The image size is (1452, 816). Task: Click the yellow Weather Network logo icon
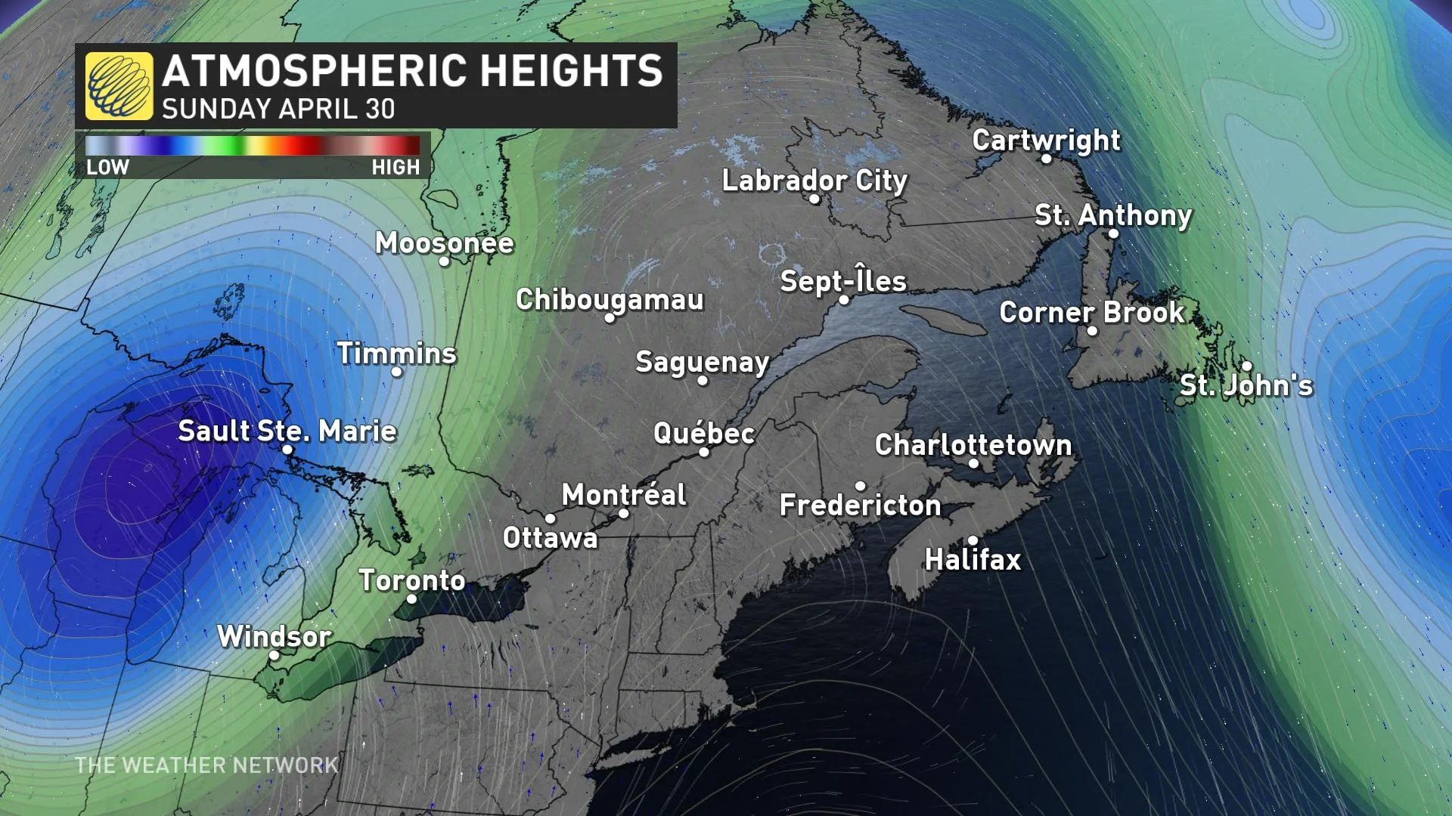[x=119, y=85]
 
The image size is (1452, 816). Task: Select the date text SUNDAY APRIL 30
[x=278, y=110]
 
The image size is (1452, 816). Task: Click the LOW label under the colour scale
[x=107, y=167]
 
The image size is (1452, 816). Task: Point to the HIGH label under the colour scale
[x=396, y=167]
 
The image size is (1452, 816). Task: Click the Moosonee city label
[x=444, y=243]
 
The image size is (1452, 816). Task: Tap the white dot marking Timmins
[x=396, y=372]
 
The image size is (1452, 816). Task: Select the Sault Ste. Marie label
[x=287, y=431]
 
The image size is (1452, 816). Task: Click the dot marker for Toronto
[x=411, y=599]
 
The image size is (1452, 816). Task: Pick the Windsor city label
[x=274, y=636]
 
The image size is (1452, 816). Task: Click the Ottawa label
[x=550, y=538]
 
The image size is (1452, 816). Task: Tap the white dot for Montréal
[x=624, y=514]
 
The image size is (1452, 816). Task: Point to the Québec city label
[x=704, y=433]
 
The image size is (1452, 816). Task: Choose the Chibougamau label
[x=610, y=299]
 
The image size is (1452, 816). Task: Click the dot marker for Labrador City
[x=814, y=199]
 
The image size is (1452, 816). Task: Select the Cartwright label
[x=1046, y=140]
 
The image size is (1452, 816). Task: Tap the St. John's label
[x=1246, y=385]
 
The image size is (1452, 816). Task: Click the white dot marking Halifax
[x=973, y=540]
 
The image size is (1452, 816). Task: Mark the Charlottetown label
[x=973, y=444]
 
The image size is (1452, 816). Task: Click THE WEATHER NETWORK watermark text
[x=206, y=765]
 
